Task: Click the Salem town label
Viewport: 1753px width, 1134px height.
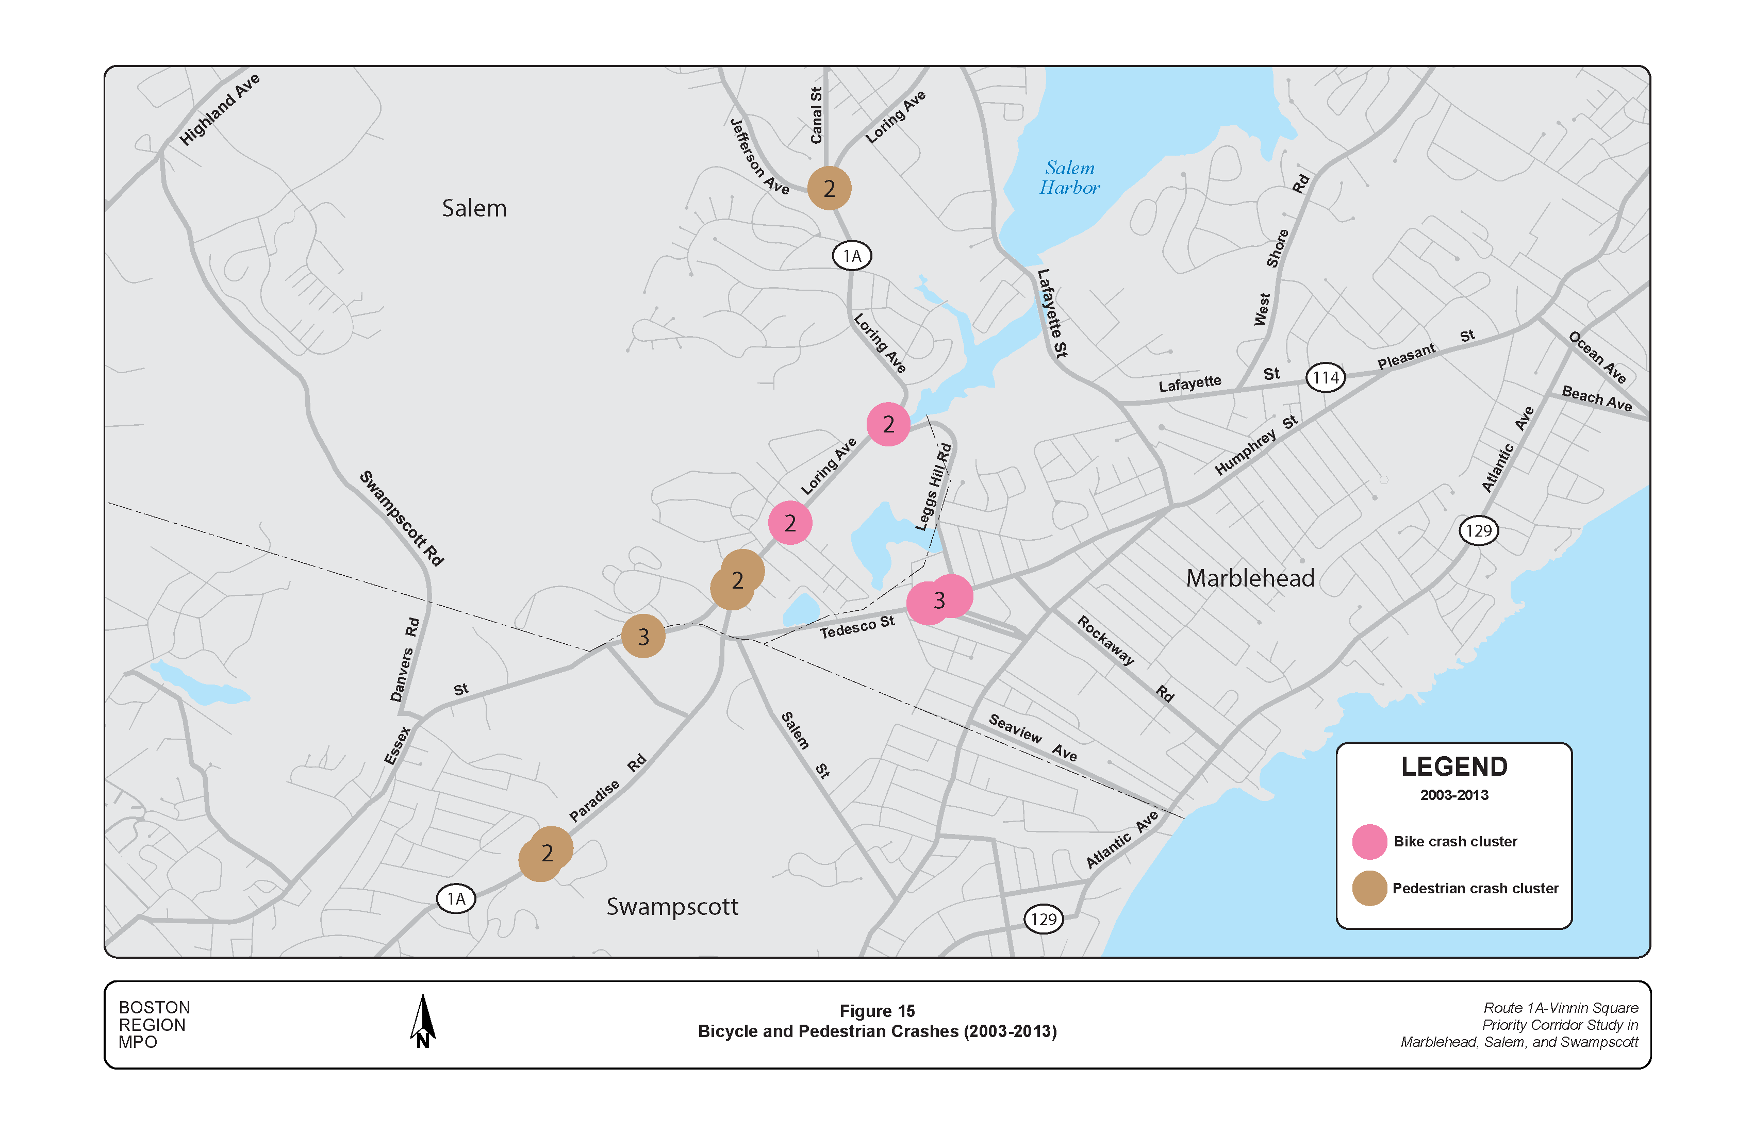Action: click(x=474, y=208)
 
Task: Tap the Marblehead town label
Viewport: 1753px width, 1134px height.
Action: click(x=1249, y=578)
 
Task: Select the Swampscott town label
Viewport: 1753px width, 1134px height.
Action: click(x=672, y=907)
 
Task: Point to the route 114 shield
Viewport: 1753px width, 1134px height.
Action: click(x=1325, y=378)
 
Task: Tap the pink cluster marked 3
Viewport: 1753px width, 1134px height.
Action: click(x=939, y=600)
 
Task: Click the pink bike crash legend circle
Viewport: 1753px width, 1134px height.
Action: click(x=1369, y=842)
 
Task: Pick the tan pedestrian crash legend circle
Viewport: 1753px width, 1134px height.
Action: click(x=1369, y=888)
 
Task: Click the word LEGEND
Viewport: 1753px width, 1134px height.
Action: click(x=1454, y=766)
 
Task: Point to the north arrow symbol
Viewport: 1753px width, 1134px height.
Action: click(x=423, y=1021)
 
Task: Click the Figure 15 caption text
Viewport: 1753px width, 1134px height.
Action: click(x=876, y=1011)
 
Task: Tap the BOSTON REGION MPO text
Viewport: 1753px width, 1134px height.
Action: click(x=155, y=1024)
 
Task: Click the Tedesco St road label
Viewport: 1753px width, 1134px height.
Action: click(x=856, y=627)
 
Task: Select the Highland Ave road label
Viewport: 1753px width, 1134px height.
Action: click(x=220, y=109)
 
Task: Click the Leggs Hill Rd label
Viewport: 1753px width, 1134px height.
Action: click(x=933, y=487)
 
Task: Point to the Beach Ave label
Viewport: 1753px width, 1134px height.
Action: click(x=1597, y=398)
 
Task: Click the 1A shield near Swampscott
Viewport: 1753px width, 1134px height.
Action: click(x=456, y=899)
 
